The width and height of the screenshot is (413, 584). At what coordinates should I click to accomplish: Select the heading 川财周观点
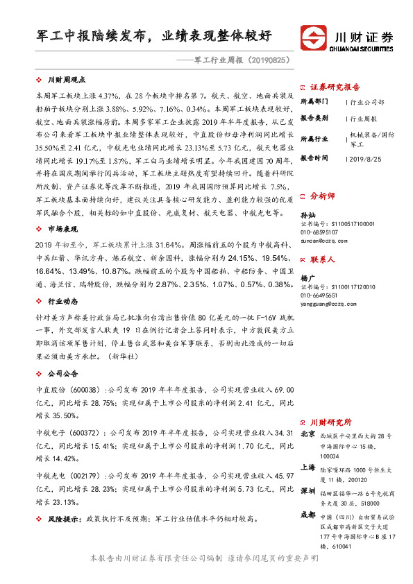[66, 81]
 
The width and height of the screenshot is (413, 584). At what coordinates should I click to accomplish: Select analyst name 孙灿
[307, 216]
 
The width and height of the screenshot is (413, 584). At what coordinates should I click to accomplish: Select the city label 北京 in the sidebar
[308, 435]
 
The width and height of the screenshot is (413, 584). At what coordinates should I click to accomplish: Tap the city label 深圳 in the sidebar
[308, 490]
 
